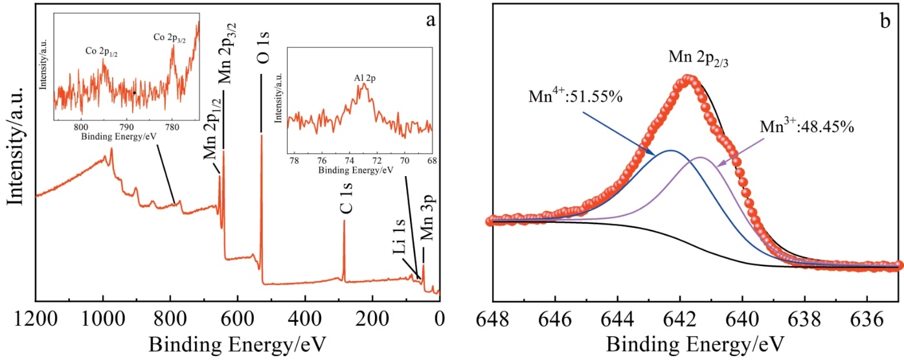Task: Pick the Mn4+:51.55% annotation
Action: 576,98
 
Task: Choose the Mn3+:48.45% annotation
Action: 808,126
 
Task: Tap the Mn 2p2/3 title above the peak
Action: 700,59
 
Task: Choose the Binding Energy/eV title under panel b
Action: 696,342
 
